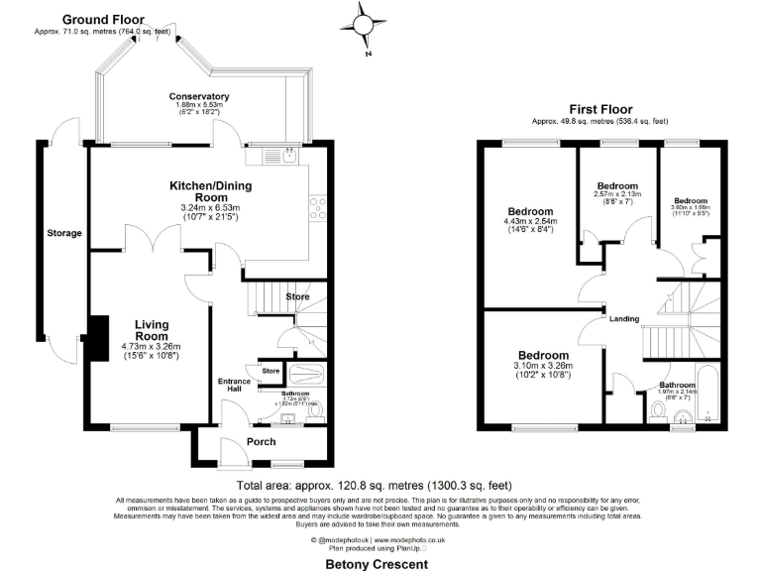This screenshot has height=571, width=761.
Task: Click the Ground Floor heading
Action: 103,19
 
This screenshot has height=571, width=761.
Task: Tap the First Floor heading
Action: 600,109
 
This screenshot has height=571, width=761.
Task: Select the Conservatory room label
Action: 198,97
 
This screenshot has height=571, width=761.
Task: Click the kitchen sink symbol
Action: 285,155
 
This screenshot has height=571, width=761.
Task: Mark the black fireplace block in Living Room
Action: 97,339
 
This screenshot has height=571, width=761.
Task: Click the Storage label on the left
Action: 63,233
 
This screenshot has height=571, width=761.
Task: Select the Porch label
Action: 261,441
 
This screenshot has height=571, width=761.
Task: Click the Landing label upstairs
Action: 624,318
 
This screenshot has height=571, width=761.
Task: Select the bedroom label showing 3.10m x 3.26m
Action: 544,355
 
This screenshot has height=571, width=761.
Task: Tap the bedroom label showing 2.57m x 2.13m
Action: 616,186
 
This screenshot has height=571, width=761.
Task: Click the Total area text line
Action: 375,486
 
